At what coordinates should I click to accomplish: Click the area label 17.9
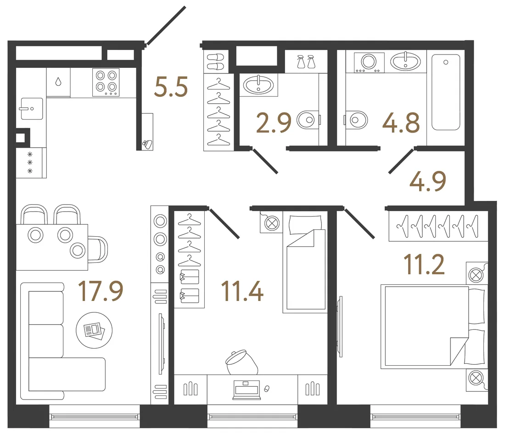point(101,291)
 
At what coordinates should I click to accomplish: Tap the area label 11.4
point(242,291)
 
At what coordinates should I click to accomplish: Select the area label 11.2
point(424,264)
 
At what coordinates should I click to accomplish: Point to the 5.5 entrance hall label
point(171,87)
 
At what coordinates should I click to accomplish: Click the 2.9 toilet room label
point(274,122)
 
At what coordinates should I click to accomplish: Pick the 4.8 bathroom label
point(401,122)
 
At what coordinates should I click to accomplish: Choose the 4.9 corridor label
point(428,181)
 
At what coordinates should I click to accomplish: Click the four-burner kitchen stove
point(106,83)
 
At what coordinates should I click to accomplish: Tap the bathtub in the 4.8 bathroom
point(446,92)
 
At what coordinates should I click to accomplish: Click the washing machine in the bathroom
point(369,62)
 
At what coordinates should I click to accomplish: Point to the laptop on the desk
point(247,390)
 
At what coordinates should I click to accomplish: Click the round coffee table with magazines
point(94,330)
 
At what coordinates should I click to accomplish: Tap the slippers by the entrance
point(215,62)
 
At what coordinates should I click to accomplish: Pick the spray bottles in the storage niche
point(306,61)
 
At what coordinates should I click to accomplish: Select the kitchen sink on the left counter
point(32,108)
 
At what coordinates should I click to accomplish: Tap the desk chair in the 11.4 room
point(241,362)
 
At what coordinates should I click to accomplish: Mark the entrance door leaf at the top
point(166,25)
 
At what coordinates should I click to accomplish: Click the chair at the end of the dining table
point(98,250)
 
